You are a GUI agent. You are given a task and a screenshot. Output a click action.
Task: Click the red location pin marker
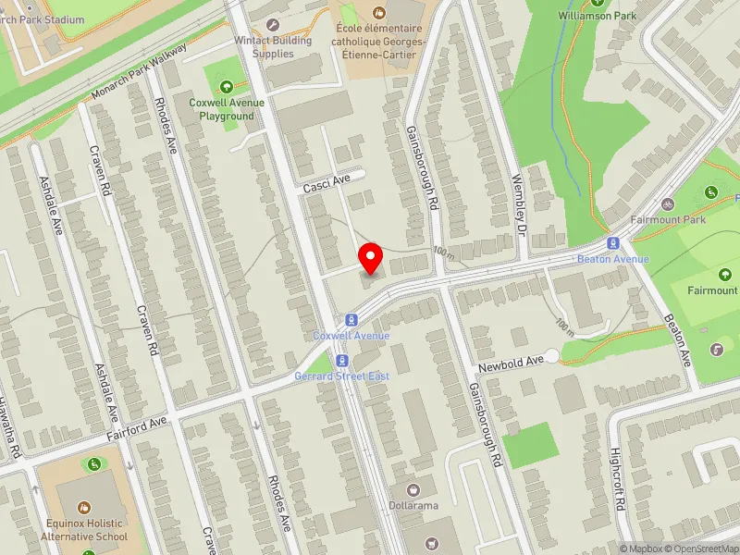point(371,258)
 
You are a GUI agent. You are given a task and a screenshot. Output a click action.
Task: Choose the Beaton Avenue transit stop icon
point(611,243)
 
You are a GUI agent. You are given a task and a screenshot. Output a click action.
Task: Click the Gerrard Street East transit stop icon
point(342,360)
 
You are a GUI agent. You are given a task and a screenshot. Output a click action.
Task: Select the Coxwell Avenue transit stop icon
point(351,319)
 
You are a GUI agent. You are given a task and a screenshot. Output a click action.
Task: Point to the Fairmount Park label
point(668,220)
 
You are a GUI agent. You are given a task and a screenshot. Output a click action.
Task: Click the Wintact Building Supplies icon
point(271,25)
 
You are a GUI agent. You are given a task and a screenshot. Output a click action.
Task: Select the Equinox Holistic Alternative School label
point(84,529)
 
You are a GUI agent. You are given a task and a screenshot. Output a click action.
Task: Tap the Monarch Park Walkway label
point(140,71)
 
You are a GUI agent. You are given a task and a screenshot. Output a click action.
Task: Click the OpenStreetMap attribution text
point(704,549)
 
